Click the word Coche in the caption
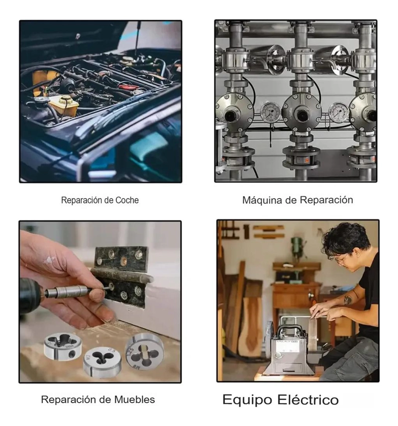coord(127,200)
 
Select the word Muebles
coord(134,400)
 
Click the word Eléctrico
coord(308,400)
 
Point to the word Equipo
coord(247,401)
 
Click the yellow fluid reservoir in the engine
coord(64,105)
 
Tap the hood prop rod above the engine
coord(137,38)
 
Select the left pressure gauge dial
coord(270,111)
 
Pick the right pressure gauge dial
coord(338,112)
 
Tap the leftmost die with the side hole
coord(63,346)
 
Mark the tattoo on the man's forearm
coord(348,300)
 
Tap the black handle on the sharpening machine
coord(288,329)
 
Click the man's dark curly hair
coord(346,239)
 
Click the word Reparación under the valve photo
coord(326,200)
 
